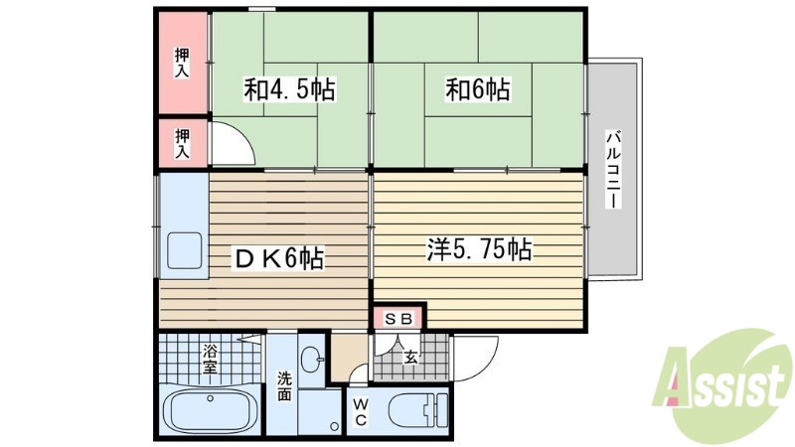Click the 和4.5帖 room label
pos(289,90)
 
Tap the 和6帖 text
pos(477,90)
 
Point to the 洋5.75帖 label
pos(480,249)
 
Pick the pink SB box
pos(398,319)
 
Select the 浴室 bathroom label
pos(211,358)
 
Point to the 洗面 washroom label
pos(284,385)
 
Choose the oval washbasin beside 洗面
pos(311,361)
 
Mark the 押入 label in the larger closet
pos(183,63)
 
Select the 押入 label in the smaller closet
pos(183,142)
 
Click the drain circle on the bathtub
pos(211,398)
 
